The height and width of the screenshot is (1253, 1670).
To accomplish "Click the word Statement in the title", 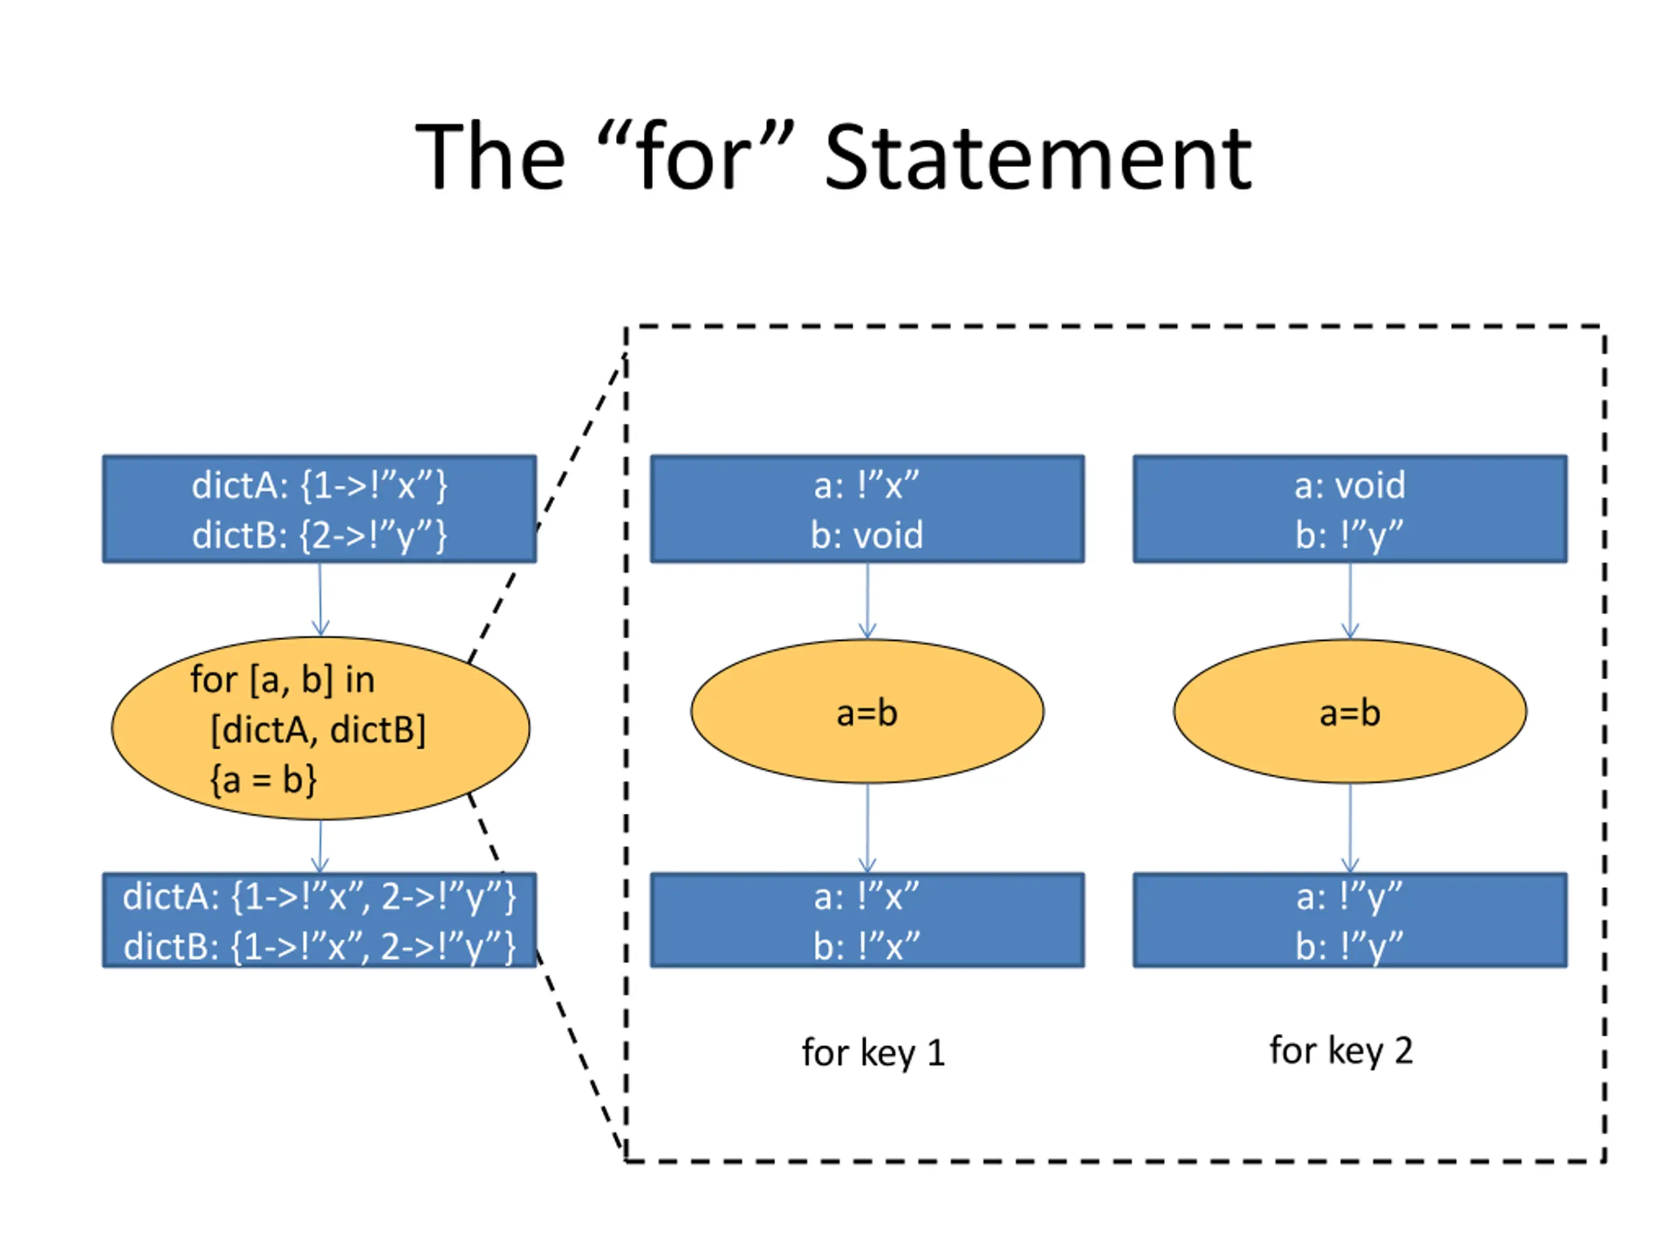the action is pyautogui.click(x=1038, y=157).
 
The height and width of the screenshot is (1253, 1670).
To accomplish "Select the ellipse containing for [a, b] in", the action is pyautogui.click(x=320, y=728).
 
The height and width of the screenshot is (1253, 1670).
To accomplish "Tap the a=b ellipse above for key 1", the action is pyautogui.click(x=868, y=711).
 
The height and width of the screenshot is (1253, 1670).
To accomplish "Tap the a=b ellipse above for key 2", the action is pyautogui.click(x=1350, y=711).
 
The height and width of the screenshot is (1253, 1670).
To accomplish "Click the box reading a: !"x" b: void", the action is pyautogui.click(x=868, y=509).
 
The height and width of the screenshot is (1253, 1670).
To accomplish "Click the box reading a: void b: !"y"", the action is pyautogui.click(x=1350, y=509).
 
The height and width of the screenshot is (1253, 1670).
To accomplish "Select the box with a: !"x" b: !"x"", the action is pyautogui.click(x=868, y=920).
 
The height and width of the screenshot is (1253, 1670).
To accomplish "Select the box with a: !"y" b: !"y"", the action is pyautogui.click(x=1350, y=920).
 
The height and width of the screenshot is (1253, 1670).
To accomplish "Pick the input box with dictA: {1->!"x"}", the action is pyautogui.click(x=320, y=509).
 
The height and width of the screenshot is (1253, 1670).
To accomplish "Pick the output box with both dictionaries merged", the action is pyautogui.click(x=320, y=920).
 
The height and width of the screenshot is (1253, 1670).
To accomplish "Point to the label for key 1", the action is pyautogui.click(x=873, y=1053).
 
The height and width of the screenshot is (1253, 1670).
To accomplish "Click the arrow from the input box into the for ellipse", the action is pyautogui.click(x=320, y=600).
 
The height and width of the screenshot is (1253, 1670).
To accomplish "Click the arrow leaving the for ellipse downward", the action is pyautogui.click(x=320, y=846).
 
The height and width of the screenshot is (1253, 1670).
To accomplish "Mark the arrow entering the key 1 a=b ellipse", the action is pyautogui.click(x=868, y=601).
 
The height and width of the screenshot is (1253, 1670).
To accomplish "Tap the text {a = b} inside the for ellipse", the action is pyautogui.click(x=264, y=779).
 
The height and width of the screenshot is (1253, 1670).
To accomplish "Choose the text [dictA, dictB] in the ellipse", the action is pyautogui.click(x=318, y=730).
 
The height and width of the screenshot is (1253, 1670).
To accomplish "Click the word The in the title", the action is pyautogui.click(x=490, y=157).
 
